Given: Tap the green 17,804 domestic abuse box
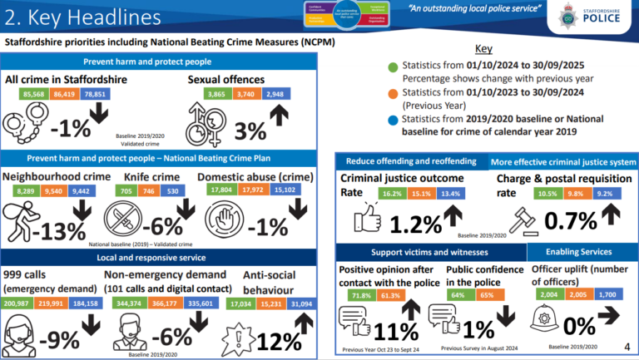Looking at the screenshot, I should [217, 190].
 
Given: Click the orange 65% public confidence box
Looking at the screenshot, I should [487, 294].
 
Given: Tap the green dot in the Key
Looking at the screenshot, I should [392, 66].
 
